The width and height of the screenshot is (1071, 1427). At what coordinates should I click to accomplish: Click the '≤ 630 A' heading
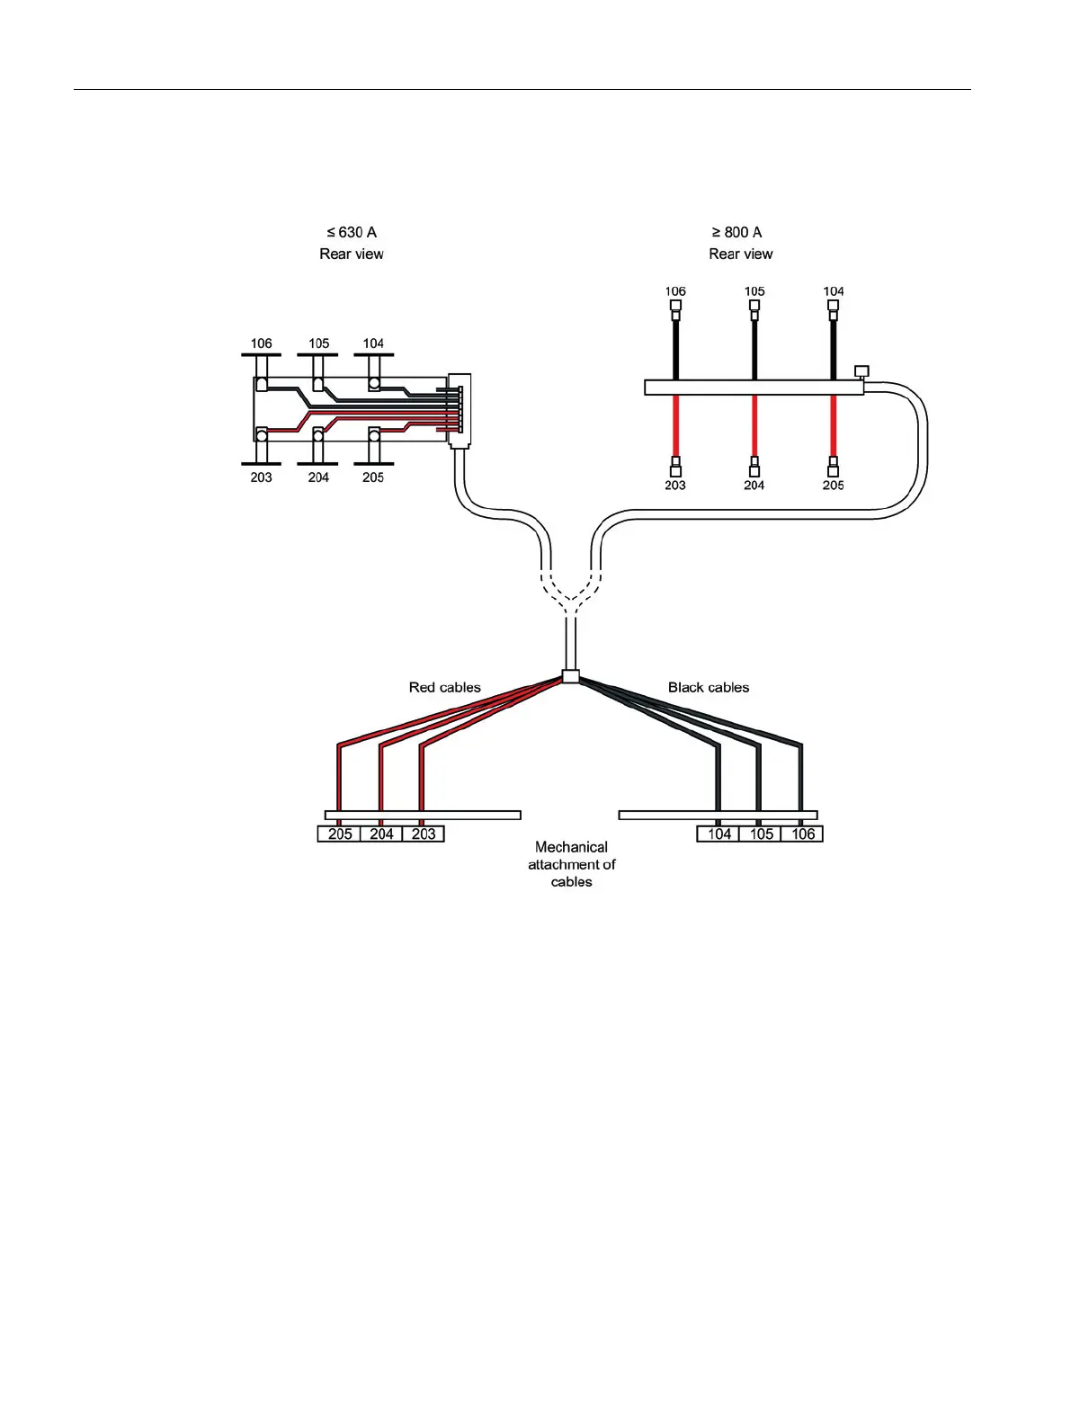coord(352,232)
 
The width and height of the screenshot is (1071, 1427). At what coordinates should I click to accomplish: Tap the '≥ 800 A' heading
coord(736,232)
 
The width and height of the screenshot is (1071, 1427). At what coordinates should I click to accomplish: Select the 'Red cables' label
coord(444,687)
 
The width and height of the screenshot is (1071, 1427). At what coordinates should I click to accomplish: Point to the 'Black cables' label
coord(709,687)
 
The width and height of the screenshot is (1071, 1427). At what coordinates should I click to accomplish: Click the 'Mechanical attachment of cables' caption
coord(571,864)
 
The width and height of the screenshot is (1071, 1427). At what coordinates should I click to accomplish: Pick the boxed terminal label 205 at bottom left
coord(340,834)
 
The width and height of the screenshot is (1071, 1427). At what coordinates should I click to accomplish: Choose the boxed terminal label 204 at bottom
coord(381,834)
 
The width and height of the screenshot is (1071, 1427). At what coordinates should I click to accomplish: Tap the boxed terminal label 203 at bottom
coord(424,834)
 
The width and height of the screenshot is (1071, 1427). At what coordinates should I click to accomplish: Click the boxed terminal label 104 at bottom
coord(719,834)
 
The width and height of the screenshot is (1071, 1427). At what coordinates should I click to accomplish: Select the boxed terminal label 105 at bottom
coord(761,834)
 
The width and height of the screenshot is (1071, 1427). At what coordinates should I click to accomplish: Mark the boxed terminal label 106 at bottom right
coord(803,834)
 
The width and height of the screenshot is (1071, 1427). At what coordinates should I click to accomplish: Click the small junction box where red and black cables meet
coord(570,676)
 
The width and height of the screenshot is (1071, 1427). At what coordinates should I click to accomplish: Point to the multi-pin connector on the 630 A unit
coord(459,411)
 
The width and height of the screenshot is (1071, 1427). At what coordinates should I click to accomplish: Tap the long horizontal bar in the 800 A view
coord(754,388)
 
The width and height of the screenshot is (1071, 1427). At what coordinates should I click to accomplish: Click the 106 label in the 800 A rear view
coord(675,291)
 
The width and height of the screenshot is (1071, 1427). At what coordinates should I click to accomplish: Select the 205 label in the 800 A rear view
coord(833,486)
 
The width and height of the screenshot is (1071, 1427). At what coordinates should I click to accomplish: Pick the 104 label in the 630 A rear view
coord(373,343)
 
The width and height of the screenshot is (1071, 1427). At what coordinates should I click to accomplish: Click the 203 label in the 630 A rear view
coord(261,477)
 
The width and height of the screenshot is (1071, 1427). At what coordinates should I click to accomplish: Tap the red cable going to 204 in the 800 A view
coord(754,427)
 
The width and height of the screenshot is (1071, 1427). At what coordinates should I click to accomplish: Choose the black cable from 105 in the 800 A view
coord(754,349)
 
